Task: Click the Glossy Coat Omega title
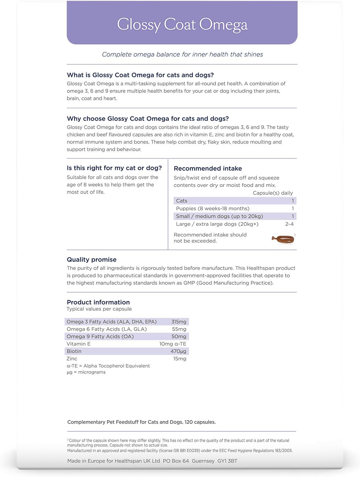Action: [182, 25]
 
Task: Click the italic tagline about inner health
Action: [182, 54]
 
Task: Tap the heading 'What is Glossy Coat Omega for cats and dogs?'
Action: [140, 75]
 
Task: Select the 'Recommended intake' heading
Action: [208, 168]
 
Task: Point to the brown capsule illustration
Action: [283, 239]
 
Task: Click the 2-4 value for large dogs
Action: [289, 224]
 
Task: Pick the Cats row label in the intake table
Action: [182, 201]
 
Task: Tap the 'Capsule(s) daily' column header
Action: [273, 193]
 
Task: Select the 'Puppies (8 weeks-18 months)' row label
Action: [213, 208]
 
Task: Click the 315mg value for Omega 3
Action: [179, 322]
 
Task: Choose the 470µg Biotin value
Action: [178, 351]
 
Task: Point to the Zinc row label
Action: [72, 359]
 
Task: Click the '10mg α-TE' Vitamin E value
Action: [173, 344]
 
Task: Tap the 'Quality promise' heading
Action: [92, 260]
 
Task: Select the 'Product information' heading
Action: [98, 302]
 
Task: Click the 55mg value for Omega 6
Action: [179, 329]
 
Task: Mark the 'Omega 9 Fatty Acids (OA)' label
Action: [100, 337]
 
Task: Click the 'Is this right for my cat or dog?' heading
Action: [114, 168]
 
